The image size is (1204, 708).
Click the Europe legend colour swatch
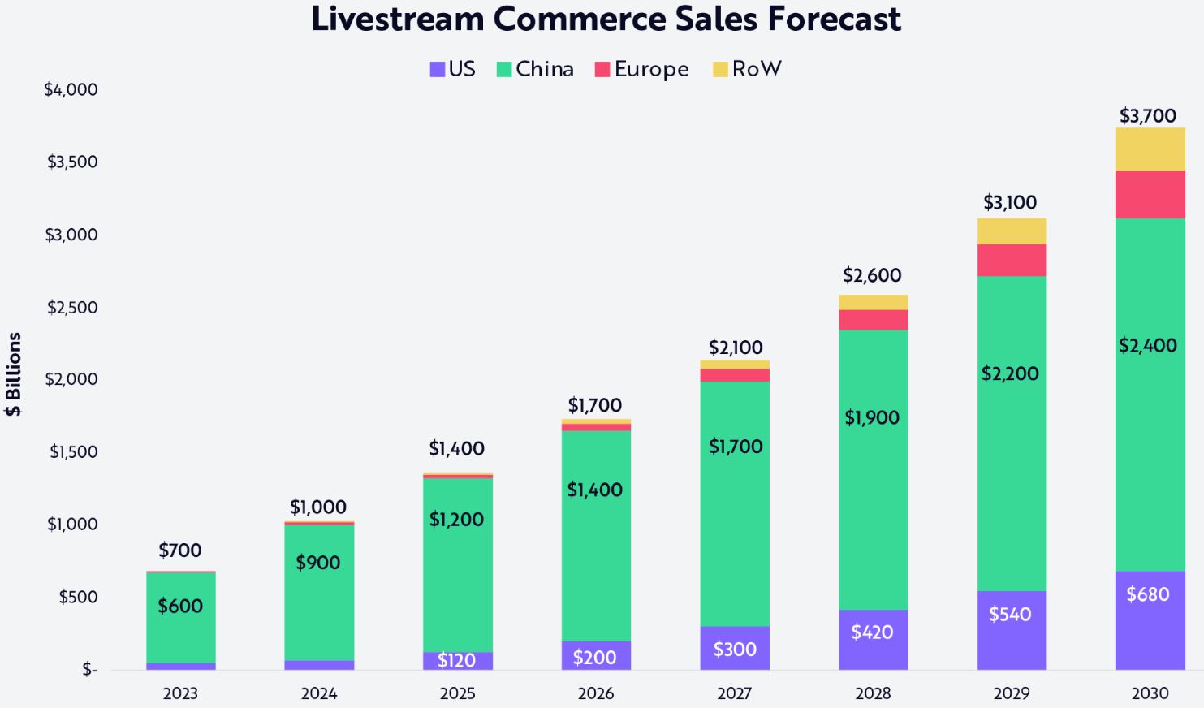[602, 70]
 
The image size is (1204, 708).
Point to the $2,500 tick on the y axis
[72, 307]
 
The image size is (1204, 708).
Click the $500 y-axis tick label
[78, 597]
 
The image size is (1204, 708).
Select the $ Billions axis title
[13, 373]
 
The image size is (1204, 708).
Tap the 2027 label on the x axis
[734, 693]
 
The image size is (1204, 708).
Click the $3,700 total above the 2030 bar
[1148, 115]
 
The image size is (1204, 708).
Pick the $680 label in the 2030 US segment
[1148, 594]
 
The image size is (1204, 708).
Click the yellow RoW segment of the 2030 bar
[1150, 149]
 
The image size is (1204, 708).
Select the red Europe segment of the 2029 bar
[1012, 260]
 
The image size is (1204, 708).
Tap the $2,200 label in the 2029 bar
[1010, 373]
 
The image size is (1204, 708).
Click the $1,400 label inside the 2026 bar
[595, 490]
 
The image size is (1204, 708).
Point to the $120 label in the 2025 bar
[456, 660]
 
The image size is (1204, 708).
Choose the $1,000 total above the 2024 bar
[318, 507]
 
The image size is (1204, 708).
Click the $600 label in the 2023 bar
[180, 606]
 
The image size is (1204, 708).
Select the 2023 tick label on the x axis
[180, 693]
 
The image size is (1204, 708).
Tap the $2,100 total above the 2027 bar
[736, 348]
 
